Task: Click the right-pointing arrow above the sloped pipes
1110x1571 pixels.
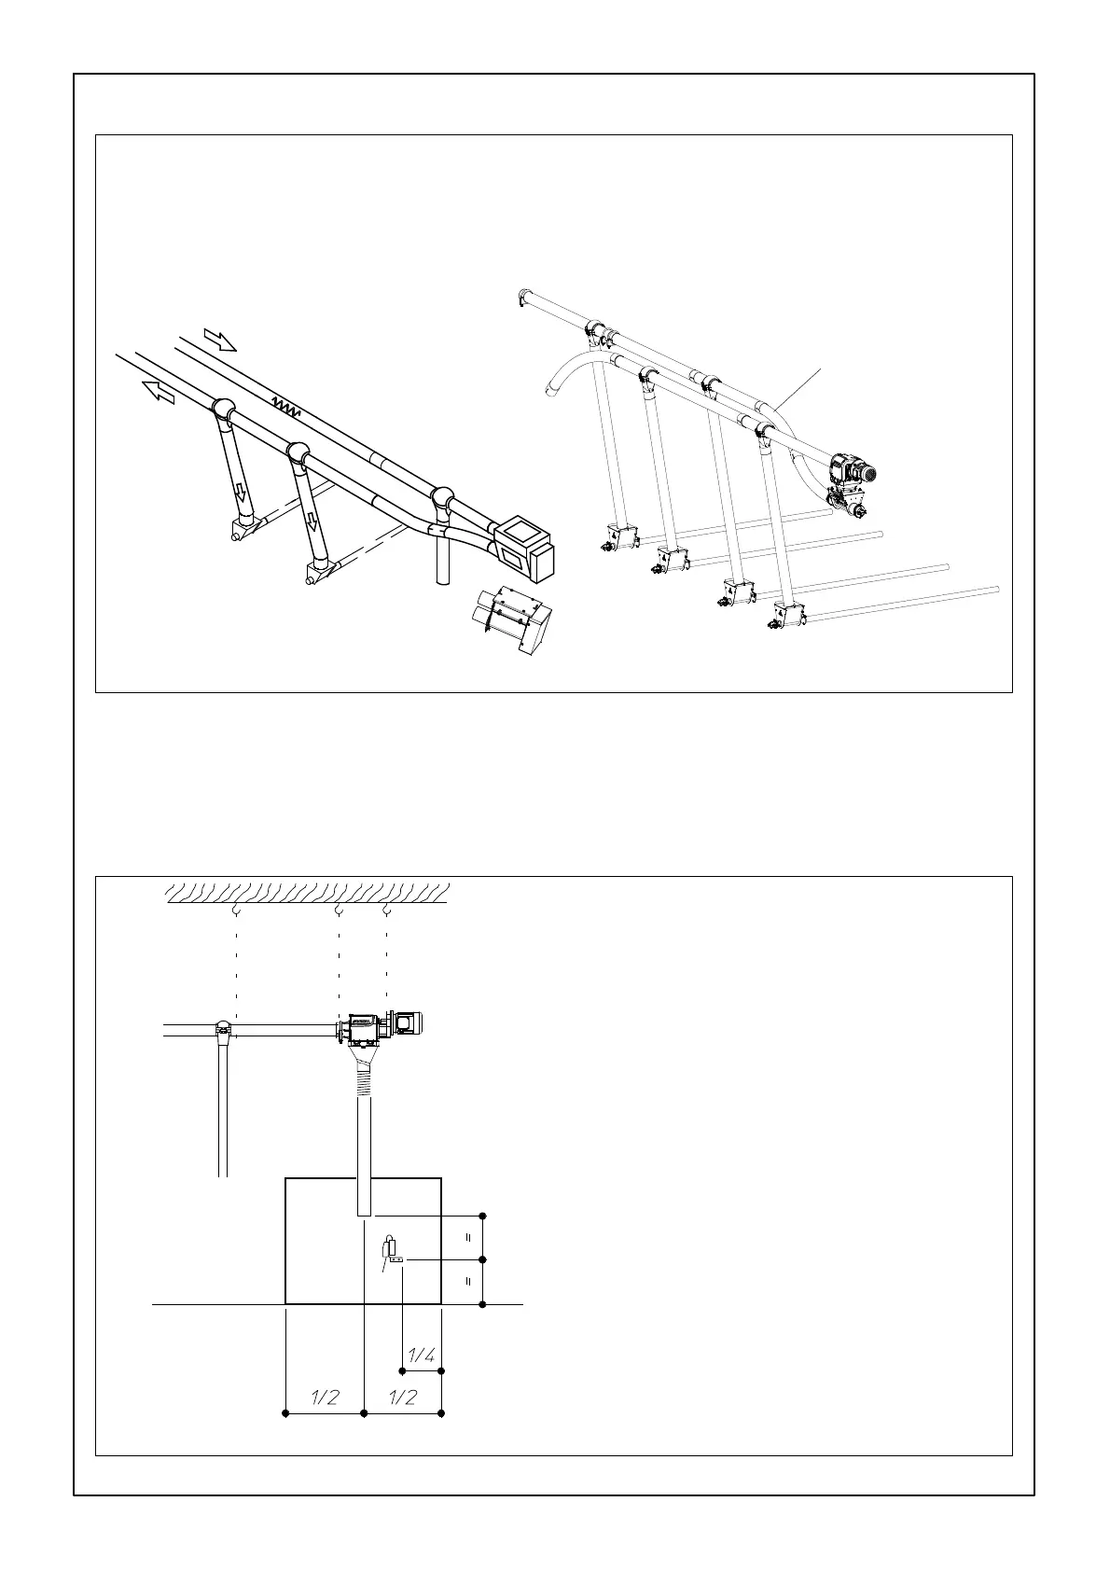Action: [x=221, y=340]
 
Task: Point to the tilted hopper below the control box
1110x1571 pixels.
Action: [x=512, y=617]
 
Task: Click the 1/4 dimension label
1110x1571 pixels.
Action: [x=422, y=1356]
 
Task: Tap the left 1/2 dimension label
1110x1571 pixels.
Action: [x=324, y=1397]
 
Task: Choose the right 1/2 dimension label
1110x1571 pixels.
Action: [x=402, y=1397]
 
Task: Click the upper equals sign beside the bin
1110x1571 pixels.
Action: [x=469, y=1237]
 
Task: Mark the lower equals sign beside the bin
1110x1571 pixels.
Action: [x=469, y=1282]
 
